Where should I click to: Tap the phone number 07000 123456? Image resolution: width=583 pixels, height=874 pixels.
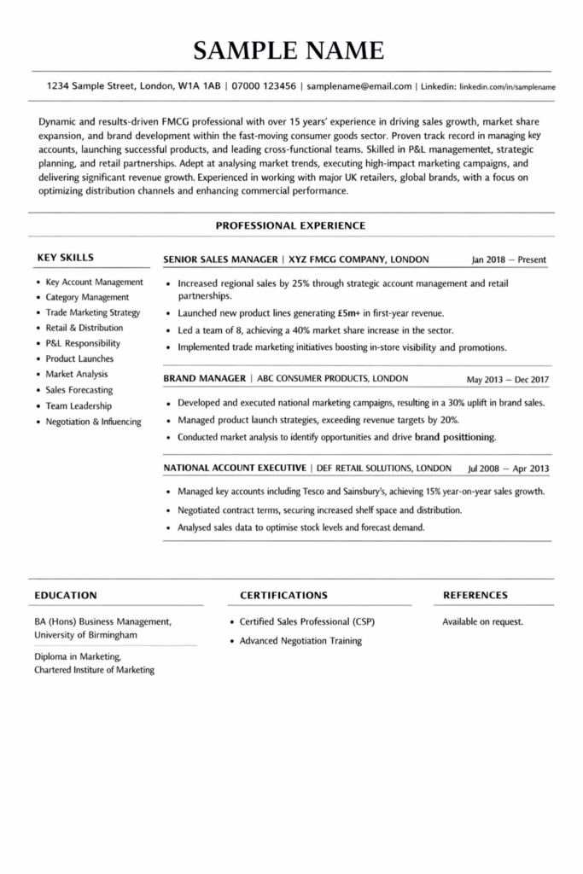263,86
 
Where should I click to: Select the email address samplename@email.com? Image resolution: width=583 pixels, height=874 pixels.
359,86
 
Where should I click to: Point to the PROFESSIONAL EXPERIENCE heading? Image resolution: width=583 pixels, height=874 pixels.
290,226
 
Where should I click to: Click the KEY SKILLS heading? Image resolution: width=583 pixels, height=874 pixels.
65,258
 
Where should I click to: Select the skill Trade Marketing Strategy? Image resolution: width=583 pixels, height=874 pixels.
93,312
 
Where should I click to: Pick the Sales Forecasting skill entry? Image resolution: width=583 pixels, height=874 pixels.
79,390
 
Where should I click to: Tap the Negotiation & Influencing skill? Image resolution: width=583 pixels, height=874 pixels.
94,422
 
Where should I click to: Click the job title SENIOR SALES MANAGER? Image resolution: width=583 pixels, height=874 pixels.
219,259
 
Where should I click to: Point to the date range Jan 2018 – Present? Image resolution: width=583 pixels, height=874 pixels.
509,259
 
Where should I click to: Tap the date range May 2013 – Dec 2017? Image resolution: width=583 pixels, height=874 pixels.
508,379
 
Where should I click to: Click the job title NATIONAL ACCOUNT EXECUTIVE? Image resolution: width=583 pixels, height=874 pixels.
235,469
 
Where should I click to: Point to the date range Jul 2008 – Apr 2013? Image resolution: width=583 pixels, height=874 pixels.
509,469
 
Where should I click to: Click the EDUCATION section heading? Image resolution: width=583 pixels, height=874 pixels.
66,595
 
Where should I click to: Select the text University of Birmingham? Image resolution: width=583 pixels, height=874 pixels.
85,636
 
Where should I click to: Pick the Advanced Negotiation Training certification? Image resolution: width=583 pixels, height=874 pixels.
300,641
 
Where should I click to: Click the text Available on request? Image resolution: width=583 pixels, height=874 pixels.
482,622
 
